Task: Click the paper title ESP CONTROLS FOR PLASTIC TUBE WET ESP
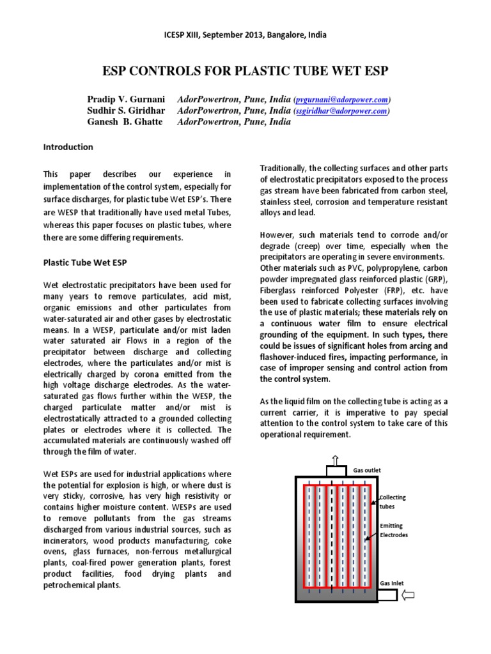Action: point(245,70)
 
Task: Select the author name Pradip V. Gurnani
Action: point(126,100)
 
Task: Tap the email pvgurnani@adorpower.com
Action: point(342,100)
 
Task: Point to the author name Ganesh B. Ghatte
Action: point(126,122)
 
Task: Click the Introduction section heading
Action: point(68,147)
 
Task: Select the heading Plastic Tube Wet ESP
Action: point(84,262)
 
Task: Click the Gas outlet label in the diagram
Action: point(367,469)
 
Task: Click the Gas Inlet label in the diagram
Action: point(393,583)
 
